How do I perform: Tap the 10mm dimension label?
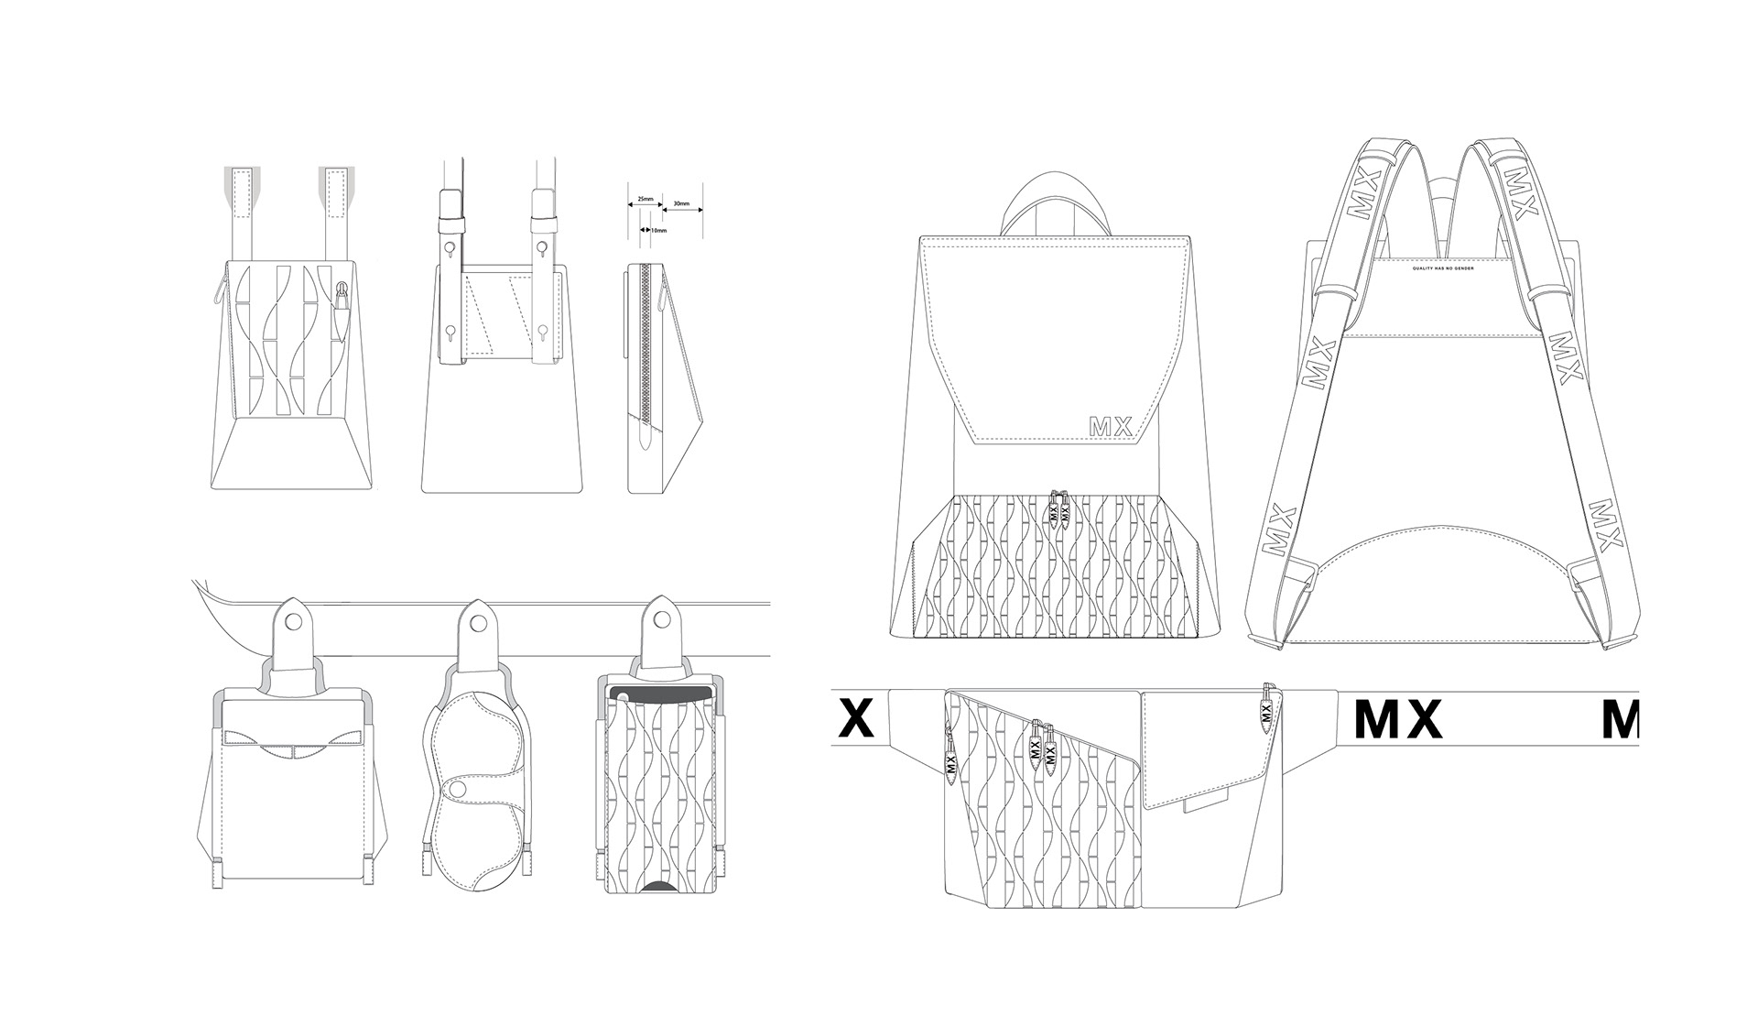pyautogui.click(x=658, y=231)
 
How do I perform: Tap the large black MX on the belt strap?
pyautogui.click(x=1397, y=718)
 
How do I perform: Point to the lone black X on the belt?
pyautogui.click(x=856, y=718)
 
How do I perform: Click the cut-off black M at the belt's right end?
pyautogui.click(x=1619, y=718)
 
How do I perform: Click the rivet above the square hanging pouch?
pyautogui.click(x=294, y=622)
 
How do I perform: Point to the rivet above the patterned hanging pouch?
pyautogui.click(x=659, y=622)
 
